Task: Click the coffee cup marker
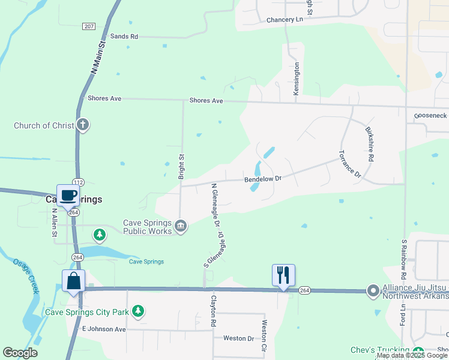68,196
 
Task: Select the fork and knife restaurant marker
283,275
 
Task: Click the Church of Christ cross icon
83,125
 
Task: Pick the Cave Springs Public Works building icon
181,226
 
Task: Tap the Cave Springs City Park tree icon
139,311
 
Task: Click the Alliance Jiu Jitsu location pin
373,291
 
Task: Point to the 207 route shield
89,26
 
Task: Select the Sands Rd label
124,37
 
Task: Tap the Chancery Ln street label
285,20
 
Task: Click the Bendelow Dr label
262,179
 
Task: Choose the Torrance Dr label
350,164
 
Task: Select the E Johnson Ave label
104,329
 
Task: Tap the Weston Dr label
238,338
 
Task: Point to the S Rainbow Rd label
404,258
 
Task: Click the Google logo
20,353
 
